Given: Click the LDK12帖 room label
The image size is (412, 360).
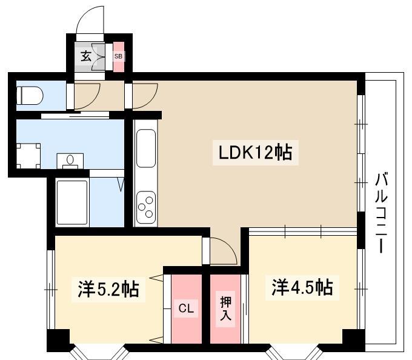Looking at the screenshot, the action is (256, 153).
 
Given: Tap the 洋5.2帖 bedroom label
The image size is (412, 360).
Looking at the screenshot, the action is (108, 289).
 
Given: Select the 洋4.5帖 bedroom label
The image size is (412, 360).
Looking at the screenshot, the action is (302, 287).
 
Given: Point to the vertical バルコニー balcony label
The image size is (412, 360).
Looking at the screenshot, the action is (381, 212).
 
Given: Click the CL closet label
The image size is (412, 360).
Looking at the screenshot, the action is (186, 308).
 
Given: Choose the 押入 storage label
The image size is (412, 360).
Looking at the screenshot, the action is (226, 308).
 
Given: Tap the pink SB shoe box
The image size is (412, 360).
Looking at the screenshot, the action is (118, 57).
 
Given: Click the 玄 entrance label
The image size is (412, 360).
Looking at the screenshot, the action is (86, 56).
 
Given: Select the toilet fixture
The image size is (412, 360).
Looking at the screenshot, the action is (30, 96).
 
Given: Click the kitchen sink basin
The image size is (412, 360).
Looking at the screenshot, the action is (146, 148).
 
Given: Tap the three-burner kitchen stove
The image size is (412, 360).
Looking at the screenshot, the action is (146, 207).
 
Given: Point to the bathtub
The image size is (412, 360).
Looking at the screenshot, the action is (71, 202).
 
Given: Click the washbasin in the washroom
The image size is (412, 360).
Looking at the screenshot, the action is (70, 161).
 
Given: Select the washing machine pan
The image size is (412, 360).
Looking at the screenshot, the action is (28, 156).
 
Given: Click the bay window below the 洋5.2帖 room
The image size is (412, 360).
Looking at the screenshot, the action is (99, 352).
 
